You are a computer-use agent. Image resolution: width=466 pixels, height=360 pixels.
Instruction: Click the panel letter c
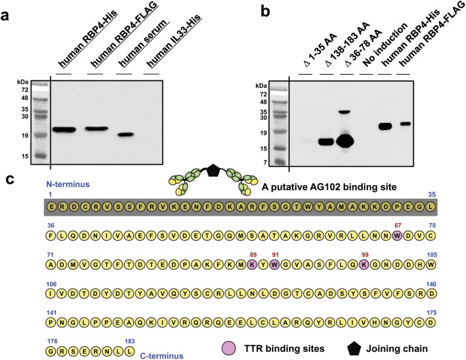click(10, 180)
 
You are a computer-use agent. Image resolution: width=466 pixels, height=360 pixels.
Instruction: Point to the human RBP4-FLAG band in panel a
click(97, 129)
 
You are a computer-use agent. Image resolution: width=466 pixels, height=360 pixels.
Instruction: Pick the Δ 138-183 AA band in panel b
click(326, 142)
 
